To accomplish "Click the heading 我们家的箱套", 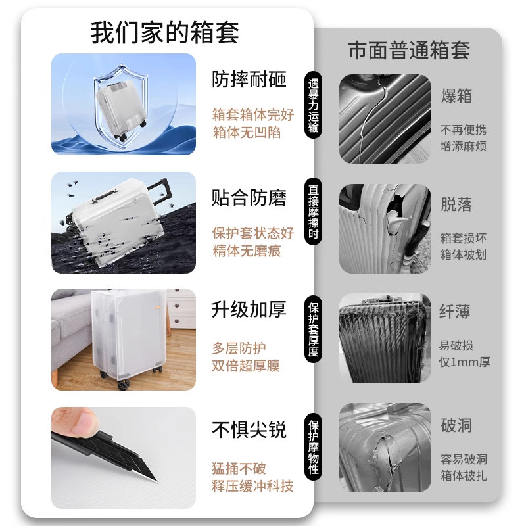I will pyautogui.click(x=164, y=32).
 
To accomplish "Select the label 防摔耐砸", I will pyautogui.click(x=249, y=80).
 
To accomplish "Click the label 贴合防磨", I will pyautogui.click(x=249, y=198).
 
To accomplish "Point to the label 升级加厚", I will pyautogui.click(x=249, y=310).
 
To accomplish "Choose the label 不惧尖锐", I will pyautogui.click(x=249, y=431).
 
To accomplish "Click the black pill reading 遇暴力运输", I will pyautogui.click(x=314, y=106).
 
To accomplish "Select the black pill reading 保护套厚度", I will pyautogui.click(x=314, y=329).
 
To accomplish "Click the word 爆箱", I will pyautogui.click(x=456, y=96).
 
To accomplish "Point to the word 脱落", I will pyautogui.click(x=456, y=204).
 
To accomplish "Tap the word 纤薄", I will pyautogui.click(x=456, y=311).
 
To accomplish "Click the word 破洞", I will pyautogui.click(x=456, y=425).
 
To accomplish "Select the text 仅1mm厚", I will pyautogui.click(x=464, y=362).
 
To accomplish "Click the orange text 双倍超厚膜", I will pyautogui.click(x=245, y=366).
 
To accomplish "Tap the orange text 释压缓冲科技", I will pyautogui.click(x=252, y=487).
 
